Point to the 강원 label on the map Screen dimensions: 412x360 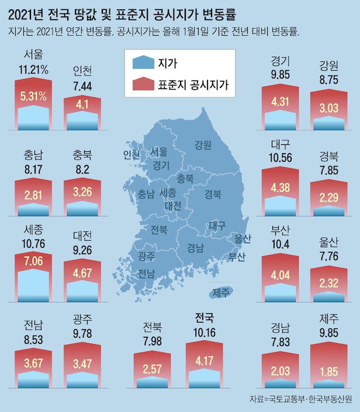[203, 145]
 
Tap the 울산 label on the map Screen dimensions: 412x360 [242, 238]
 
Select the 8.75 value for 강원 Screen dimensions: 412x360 [326, 78]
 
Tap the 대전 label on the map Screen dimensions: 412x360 [173, 206]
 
